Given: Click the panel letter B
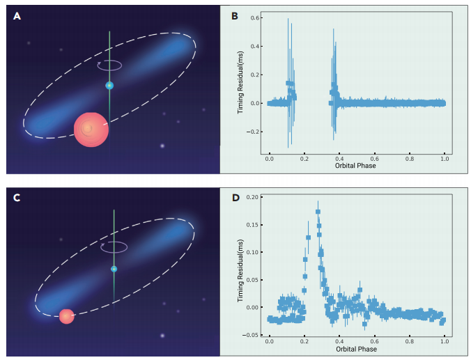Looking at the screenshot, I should tap(235, 15).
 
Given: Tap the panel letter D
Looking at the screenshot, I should tap(235, 198).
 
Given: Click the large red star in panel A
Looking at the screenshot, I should tap(91, 129).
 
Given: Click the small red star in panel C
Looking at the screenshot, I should tap(66, 316).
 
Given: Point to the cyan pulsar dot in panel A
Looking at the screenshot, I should tap(109, 85).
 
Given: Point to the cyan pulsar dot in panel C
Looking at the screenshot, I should tap(114, 269).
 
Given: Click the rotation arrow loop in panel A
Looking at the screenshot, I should tap(110, 65).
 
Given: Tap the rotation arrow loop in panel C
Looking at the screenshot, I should tap(114, 246).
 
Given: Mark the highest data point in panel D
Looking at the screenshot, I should tap(318, 212).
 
